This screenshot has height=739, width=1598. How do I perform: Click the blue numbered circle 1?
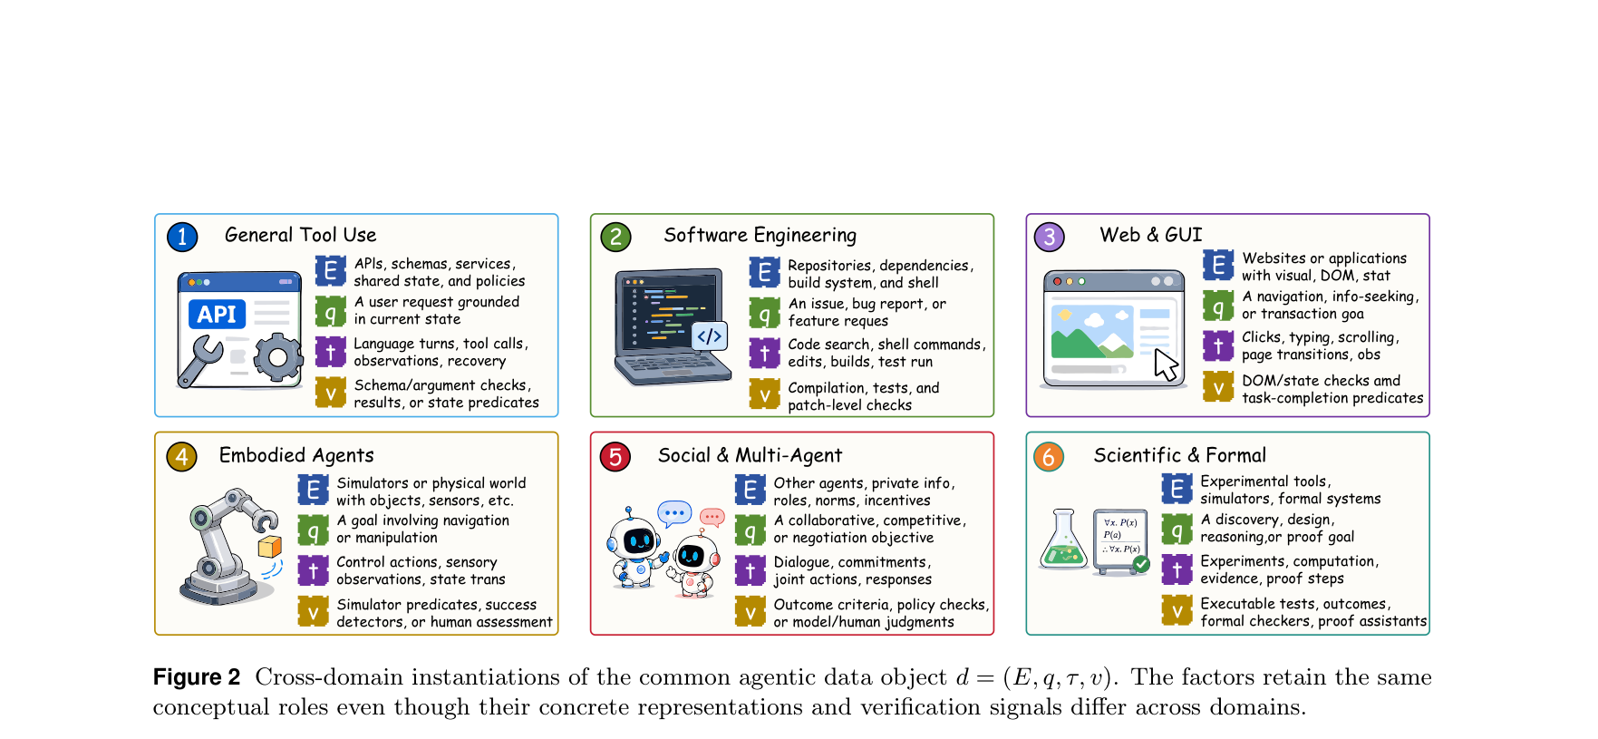tap(182, 237)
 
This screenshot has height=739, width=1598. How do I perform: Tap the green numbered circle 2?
tap(615, 237)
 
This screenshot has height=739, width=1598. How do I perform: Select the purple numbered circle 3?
tap(1050, 237)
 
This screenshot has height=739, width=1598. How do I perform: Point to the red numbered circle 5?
tap(615, 456)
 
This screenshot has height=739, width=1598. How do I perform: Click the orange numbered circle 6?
tap(1049, 456)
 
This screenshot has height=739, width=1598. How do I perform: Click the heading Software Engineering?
tap(760, 235)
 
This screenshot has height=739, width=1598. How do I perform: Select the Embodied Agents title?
tap(296, 455)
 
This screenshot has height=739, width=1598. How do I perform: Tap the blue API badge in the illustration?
tap(217, 314)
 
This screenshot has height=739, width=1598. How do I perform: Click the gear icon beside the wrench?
tap(277, 357)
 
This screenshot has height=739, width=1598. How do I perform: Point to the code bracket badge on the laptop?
tap(709, 336)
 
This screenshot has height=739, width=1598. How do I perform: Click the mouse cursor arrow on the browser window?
tap(1166, 365)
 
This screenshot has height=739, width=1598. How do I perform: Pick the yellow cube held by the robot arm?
tap(270, 546)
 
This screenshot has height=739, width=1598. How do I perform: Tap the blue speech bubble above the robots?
tap(674, 514)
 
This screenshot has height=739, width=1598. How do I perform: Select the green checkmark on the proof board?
tap(1141, 564)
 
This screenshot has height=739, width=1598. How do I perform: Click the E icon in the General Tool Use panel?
tap(331, 270)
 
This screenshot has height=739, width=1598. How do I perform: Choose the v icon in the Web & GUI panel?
tap(1218, 387)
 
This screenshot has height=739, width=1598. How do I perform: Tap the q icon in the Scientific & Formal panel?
tap(1177, 529)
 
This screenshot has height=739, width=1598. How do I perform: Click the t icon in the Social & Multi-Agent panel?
tap(750, 570)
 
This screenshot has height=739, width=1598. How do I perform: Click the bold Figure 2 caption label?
tap(197, 677)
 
